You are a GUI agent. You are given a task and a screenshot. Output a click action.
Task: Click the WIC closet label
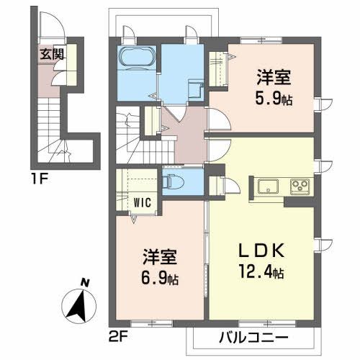coord(140,204)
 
